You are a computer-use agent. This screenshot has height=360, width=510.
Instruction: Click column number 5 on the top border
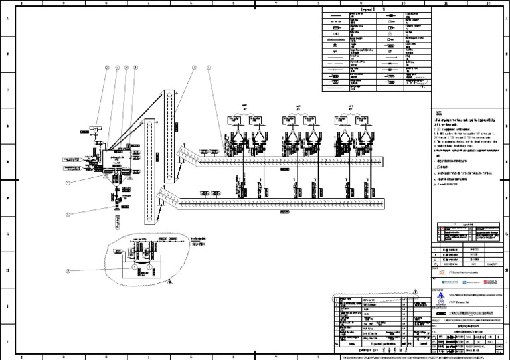point(191,3)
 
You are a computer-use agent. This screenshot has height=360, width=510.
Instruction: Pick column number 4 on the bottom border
point(149,357)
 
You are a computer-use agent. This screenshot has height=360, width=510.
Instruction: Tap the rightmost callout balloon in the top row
point(208,67)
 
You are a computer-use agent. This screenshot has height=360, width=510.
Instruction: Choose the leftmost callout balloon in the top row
point(106,67)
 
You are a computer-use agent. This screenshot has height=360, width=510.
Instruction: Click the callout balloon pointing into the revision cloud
point(68,271)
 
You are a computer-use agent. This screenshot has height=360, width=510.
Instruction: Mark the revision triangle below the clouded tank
point(169,282)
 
